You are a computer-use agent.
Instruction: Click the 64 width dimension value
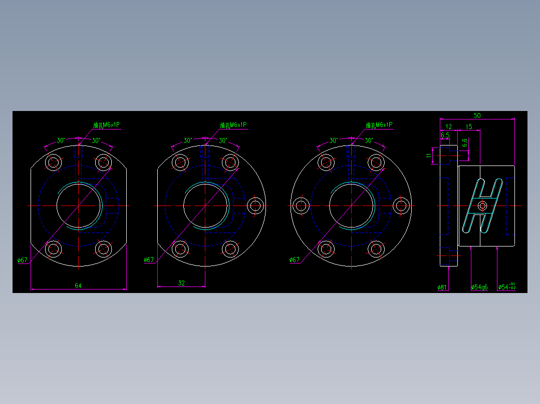tap(78, 285)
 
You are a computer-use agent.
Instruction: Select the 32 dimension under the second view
tap(181, 283)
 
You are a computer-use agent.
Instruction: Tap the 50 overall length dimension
tap(477, 115)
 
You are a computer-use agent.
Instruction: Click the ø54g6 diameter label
tap(479, 287)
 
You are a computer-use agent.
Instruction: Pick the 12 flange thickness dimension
tap(448, 127)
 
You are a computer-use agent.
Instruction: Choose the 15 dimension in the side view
tap(469, 127)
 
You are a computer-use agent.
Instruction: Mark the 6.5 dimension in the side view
tap(445, 135)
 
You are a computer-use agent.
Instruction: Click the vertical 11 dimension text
tap(429, 155)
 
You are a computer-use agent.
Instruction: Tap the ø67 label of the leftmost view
tap(22, 260)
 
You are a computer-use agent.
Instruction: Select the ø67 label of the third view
tap(295, 259)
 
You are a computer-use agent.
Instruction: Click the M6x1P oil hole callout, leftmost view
tap(107, 125)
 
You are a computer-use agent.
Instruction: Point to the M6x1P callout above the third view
tap(379, 125)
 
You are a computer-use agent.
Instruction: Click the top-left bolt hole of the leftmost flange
tap(54, 162)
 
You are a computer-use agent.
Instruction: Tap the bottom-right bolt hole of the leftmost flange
tap(103, 248)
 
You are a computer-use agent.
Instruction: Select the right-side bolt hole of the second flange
tap(255, 205)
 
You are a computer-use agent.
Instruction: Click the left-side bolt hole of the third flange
tap(301, 205)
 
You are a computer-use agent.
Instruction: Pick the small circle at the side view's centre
tap(482, 205)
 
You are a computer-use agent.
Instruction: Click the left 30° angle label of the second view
tap(187, 140)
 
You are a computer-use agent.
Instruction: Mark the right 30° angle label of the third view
tap(369, 140)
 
